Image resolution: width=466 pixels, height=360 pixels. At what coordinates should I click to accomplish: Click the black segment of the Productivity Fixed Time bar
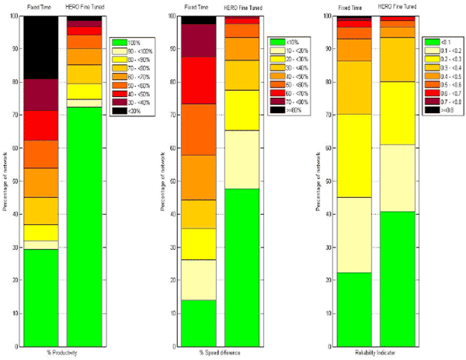coord(40,47)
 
